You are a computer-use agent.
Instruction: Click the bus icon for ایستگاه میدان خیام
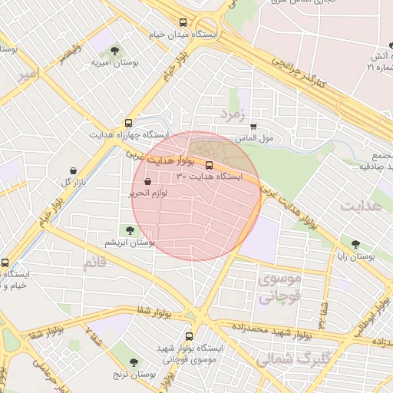point(183,22)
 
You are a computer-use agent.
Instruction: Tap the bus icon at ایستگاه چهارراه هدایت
point(128,122)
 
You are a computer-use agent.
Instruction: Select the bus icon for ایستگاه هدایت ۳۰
point(209,164)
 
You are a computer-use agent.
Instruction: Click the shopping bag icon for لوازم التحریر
point(147,182)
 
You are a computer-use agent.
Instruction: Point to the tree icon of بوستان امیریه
point(114,50)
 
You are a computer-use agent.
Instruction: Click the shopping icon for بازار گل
point(72,170)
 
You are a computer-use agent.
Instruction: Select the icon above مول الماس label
point(253,127)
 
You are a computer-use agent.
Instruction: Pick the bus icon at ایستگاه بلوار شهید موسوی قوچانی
point(189,335)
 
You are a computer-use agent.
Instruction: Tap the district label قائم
point(96,263)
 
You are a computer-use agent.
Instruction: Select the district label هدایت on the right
point(361,207)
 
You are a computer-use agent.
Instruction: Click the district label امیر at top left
point(28,74)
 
